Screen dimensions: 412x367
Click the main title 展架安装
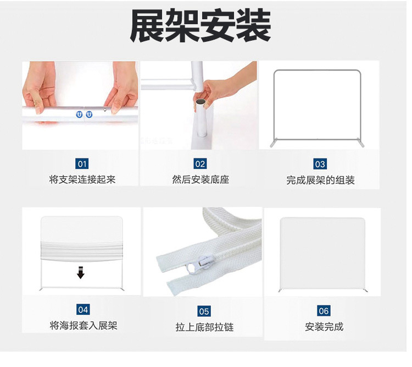201,25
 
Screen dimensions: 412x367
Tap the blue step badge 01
82,164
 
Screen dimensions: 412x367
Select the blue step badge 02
200,164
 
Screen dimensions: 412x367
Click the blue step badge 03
320,164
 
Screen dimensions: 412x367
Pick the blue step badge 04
83,309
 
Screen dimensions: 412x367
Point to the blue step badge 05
204,311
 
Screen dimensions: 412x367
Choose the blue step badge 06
324,311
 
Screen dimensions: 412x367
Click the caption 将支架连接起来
82,179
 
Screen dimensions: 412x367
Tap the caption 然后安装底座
201,179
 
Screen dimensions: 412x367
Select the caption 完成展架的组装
320,180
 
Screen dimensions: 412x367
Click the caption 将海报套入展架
83,326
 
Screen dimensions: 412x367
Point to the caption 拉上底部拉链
204,327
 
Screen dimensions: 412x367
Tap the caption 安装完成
324,327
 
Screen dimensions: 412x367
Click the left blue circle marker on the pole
79,114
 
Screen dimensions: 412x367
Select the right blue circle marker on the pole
90,114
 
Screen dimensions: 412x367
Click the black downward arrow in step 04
81,272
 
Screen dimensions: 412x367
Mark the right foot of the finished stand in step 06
365,291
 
